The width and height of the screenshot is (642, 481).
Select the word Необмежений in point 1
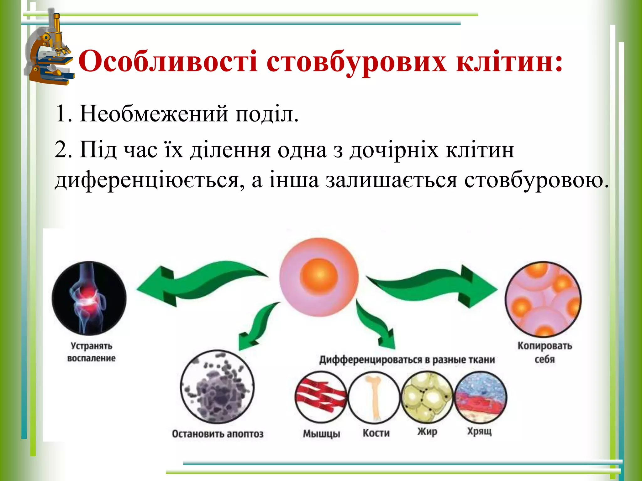pyautogui.click(x=154, y=113)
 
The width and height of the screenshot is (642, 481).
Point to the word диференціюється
pyautogui.click(x=147, y=181)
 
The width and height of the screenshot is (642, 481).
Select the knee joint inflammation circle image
pyautogui.click(x=89, y=298)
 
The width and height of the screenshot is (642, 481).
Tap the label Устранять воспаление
pyautogui.click(x=91, y=352)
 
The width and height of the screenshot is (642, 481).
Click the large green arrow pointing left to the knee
pyautogui.click(x=194, y=283)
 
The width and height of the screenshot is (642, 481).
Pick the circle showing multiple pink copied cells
pyautogui.click(x=543, y=299)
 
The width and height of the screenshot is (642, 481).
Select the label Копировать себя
pyautogui.click(x=545, y=352)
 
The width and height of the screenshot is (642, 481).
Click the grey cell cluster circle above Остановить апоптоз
pyautogui.click(x=217, y=387)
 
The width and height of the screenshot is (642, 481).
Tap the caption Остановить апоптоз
pyautogui.click(x=218, y=434)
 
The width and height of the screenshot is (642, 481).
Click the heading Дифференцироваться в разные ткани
pyautogui.click(x=407, y=360)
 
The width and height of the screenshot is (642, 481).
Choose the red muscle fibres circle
pyautogui.click(x=321, y=397)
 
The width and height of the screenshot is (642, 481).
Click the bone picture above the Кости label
pyautogui.click(x=374, y=397)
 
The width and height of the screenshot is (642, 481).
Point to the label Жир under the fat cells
pyautogui.click(x=427, y=432)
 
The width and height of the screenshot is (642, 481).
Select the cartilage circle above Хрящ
pyautogui.click(x=480, y=397)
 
